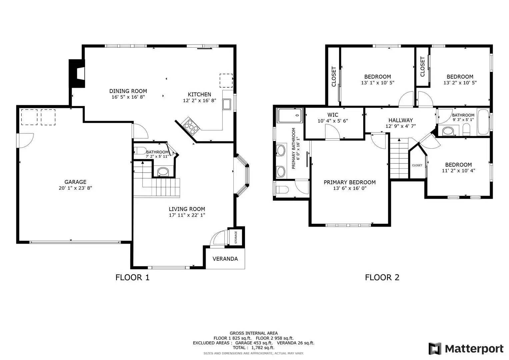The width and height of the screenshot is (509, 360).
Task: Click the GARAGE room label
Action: point(75,182)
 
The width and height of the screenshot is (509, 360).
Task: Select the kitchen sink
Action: point(227,104)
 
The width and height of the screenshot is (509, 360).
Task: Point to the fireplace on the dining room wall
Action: point(77,73)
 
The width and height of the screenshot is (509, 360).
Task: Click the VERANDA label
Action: point(225,259)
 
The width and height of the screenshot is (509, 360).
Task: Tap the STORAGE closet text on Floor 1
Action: point(236,237)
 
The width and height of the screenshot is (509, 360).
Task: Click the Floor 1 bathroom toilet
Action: point(140,150)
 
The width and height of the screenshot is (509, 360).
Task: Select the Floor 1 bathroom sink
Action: point(163,172)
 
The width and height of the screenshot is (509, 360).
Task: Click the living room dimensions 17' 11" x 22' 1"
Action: point(187,215)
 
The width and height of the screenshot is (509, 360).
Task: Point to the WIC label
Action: point(333,115)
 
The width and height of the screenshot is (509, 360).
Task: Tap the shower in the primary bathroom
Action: point(290,115)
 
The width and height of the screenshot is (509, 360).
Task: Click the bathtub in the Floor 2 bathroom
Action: point(483,122)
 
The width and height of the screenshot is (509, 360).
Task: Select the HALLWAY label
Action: point(400,120)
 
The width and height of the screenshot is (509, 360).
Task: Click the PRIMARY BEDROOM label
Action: point(350,182)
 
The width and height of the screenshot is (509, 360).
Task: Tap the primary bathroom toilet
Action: point(282,189)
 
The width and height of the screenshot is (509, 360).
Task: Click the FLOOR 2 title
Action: point(382,277)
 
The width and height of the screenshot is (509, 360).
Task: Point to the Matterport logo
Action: point(466,349)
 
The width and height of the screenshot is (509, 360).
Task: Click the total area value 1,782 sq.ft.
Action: point(263,347)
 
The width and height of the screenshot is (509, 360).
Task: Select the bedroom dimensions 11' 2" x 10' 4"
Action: point(459,171)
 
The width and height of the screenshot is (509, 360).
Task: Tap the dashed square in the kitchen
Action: point(226,81)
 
